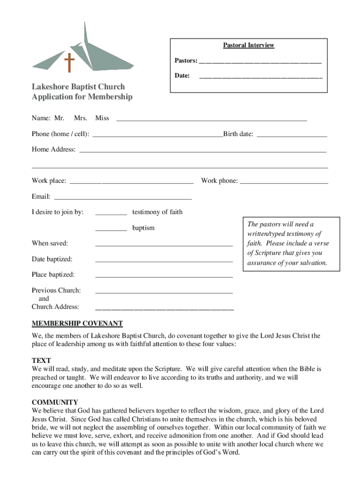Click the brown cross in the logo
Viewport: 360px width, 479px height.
(70, 63)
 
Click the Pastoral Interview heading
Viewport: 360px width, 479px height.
(248, 45)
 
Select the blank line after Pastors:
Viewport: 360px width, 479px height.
(260, 62)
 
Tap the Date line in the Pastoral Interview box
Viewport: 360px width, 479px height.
(260, 76)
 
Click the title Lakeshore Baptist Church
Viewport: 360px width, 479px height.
(78, 87)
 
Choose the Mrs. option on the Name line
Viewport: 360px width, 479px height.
(81, 118)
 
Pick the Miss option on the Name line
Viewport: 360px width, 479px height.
(102, 118)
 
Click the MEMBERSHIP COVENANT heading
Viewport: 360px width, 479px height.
(77, 323)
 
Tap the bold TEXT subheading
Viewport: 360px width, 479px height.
(41, 361)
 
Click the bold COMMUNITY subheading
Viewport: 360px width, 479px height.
(55, 402)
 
